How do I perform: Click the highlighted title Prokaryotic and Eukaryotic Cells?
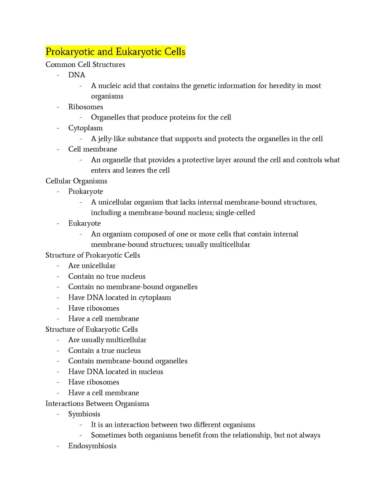click(x=115, y=52)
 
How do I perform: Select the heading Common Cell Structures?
click(x=85, y=64)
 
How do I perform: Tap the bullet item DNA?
click(x=77, y=75)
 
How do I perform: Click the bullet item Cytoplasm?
click(x=85, y=128)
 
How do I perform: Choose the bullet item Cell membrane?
click(x=92, y=149)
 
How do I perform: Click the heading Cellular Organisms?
click(x=76, y=181)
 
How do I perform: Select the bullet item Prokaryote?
click(x=86, y=191)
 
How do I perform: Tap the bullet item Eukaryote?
click(x=85, y=223)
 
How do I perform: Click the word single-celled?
click(x=235, y=213)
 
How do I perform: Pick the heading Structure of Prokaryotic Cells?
click(x=92, y=255)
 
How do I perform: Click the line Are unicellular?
click(x=92, y=266)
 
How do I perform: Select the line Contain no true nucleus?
click(x=107, y=276)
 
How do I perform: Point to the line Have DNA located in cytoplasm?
click(x=119, y=297)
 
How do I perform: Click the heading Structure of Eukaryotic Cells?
click(x=91, y=329)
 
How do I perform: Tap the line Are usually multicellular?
click(x=107, y=340)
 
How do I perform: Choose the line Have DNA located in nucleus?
click(x=115, y=372)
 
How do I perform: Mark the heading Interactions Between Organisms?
click(x=97, y=403)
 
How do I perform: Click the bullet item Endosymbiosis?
click(x=92, y=446)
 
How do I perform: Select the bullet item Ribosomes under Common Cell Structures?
click(x=86, y=107)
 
